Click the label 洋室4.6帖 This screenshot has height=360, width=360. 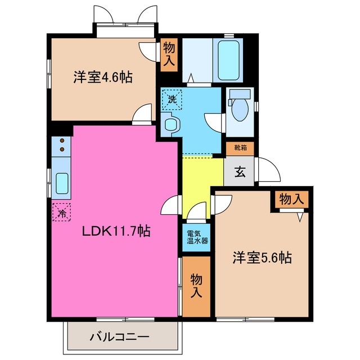[102, 78]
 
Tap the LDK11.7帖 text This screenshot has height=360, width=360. [117, 231]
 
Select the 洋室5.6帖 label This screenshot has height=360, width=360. [262, 258]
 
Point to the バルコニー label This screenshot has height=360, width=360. [119, 338]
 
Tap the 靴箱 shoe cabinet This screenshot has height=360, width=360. [240, 148]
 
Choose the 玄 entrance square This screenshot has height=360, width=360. [240, 172]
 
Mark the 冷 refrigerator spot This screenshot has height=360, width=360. [62, 213]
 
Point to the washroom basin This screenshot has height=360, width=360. [169, 124]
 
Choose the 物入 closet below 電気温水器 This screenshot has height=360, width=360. [196, 286]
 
